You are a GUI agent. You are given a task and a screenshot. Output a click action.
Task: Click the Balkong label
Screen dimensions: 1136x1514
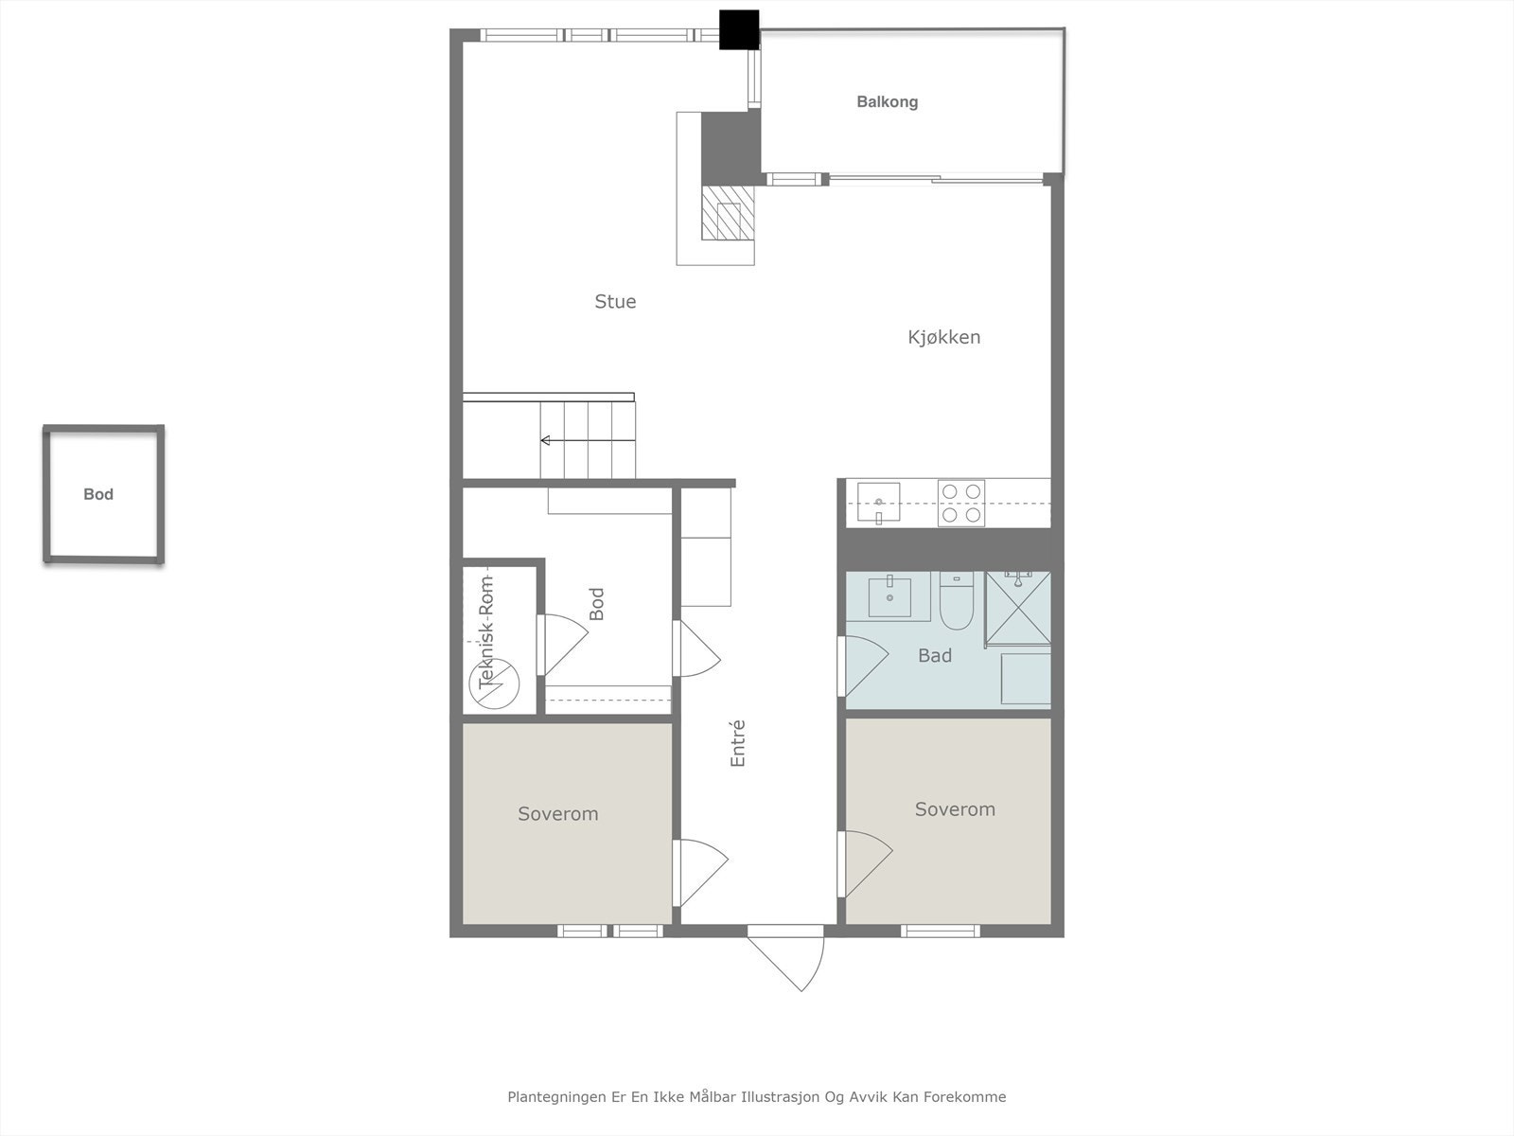point(887,102)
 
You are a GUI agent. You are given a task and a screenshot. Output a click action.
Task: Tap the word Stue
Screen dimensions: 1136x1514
point(615,302)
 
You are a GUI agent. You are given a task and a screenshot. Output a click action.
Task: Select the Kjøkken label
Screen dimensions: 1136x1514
point(943,337)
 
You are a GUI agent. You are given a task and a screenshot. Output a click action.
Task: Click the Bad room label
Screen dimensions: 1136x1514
point(934,656)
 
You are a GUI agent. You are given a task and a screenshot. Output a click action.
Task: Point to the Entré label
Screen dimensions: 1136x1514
point(738,743)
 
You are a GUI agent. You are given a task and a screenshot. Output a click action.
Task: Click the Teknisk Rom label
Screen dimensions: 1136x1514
point(486,631)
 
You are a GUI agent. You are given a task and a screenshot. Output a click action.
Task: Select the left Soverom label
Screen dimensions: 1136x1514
point(557,814)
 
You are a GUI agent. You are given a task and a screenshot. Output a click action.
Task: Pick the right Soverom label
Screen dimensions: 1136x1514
point(955,809)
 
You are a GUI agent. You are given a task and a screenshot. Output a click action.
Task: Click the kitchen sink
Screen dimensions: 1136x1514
point(878,502)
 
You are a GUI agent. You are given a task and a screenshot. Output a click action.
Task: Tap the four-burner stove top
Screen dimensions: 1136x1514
point(960,503)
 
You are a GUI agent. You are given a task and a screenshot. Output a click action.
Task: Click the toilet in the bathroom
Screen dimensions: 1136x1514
point(957,603)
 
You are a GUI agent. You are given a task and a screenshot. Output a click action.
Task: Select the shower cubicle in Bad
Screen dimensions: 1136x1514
point(1018,608)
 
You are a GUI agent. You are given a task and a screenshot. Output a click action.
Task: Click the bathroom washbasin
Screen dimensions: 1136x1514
point(889,596)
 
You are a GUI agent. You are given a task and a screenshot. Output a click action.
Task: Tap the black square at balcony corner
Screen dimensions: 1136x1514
point(739,29)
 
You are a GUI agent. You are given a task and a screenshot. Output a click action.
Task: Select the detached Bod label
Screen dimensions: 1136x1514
point(98,494)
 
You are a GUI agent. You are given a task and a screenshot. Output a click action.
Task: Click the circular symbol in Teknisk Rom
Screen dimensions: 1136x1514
point(496,683)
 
